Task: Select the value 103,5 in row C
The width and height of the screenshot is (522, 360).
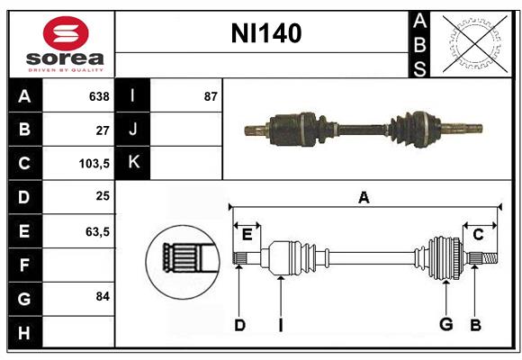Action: click(x=94, y=164)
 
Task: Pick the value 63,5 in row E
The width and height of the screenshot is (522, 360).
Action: click(x=97, y=231)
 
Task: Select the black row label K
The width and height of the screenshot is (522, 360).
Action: click(x=133, y=164)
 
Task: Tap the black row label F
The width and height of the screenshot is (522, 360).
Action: click(x=24, y=265)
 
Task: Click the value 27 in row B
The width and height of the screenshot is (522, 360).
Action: click(x=102, y=130)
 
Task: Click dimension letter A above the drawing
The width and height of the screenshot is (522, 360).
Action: click(x=364, y=197)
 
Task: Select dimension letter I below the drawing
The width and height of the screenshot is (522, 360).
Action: click(x=280, y=325)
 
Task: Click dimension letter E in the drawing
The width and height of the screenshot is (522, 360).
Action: click(x=247, y=235)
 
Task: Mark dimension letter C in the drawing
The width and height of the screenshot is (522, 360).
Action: click(x=479, y=235)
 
